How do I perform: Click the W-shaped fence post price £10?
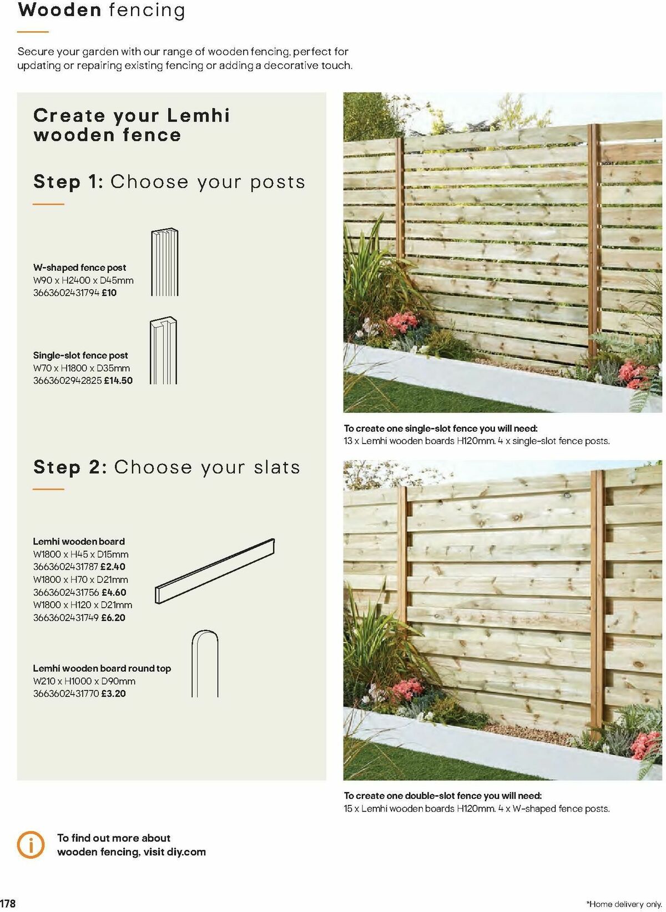(109, 293)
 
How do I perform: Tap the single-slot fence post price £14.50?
(118, 380)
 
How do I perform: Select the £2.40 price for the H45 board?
(113, 567)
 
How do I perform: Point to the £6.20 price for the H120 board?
(113, 617)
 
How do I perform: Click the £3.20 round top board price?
(113, 693)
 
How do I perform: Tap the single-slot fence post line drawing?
(163, 351)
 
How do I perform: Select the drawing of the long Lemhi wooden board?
(215, 571)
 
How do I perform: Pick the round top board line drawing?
(205, 663)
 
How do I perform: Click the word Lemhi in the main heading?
(198, 115)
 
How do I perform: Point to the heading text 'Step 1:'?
(68, 182)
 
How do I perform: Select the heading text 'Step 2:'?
(70, 467)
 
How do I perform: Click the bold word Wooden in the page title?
(59, 10)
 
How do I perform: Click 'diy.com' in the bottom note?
(186, 851)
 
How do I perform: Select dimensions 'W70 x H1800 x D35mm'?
(82, 367)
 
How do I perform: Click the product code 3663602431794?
(66, 293)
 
